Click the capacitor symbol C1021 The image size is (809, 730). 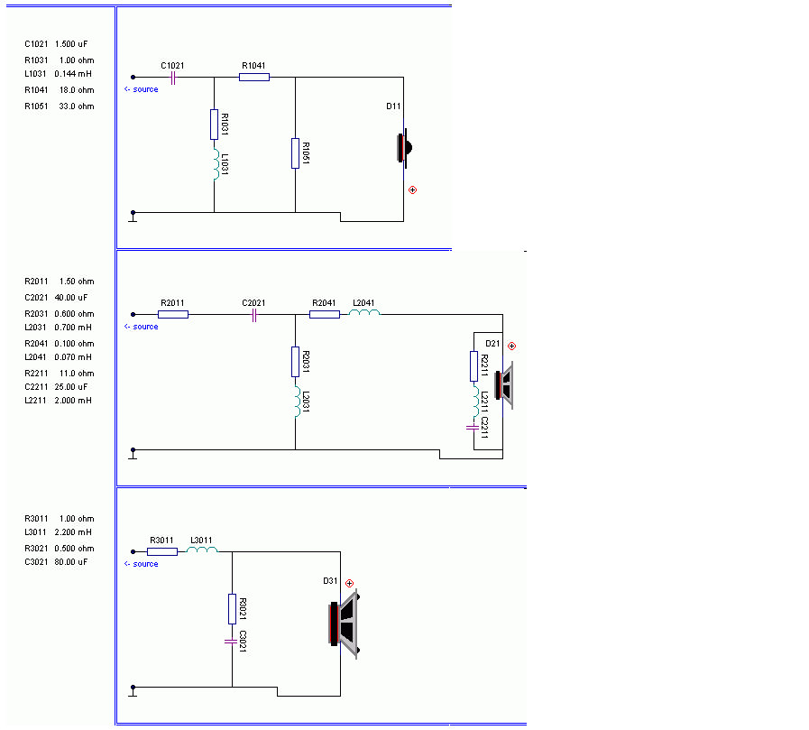point(172,78)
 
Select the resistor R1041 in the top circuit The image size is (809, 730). point(254,78)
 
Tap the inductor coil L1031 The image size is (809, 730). point(215,165)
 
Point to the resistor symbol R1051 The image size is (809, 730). point(295,152)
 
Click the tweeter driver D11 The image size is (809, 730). point(404,147)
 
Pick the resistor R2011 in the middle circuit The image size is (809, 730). point(173,315)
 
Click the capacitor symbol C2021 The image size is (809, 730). point(254,315)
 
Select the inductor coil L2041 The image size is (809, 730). point(365,314)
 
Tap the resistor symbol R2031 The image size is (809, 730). point(295,361)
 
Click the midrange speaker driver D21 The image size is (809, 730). point(504,385)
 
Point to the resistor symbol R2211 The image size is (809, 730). point(473,366)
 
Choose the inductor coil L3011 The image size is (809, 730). point(203,550)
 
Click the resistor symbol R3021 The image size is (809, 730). point(232,609)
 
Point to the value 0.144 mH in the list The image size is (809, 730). point(73,73)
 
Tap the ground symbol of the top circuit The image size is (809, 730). point(133,215)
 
